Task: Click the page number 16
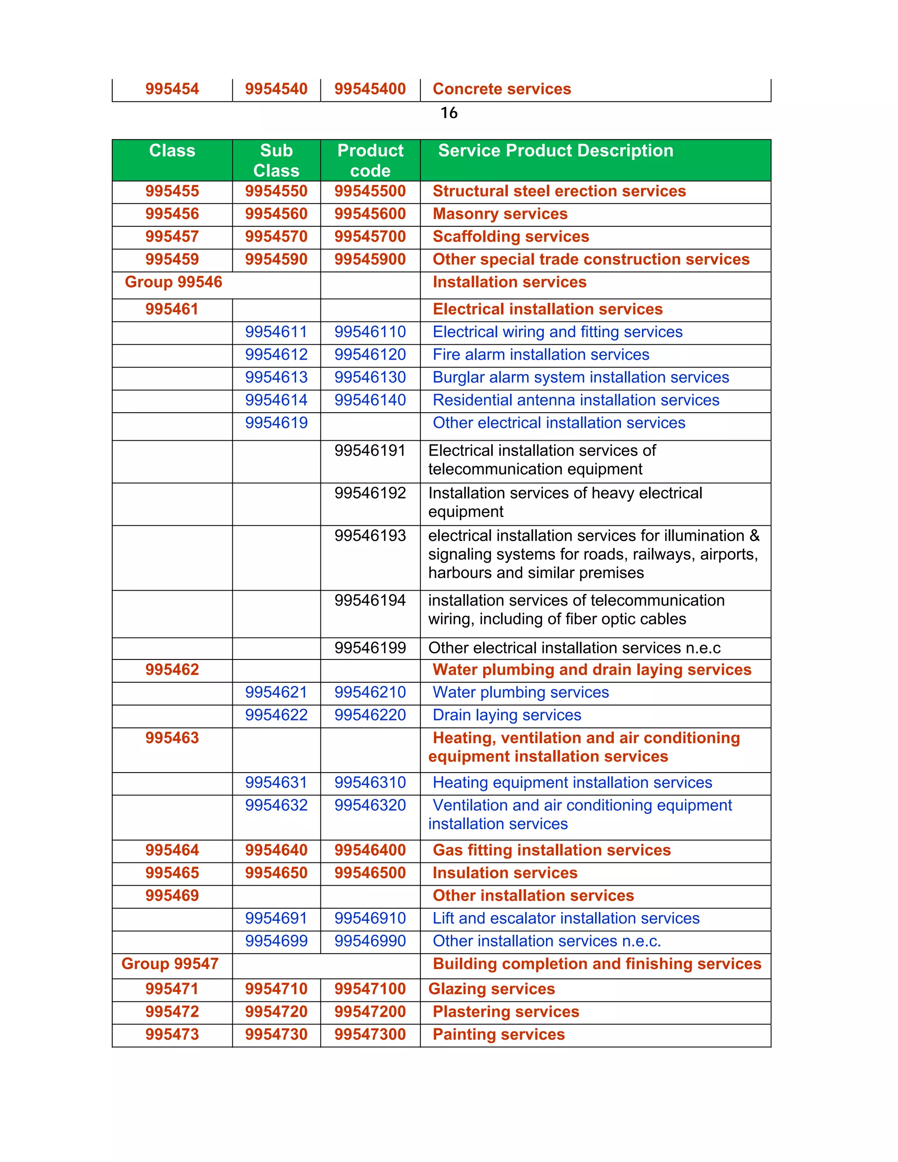coord(449,113)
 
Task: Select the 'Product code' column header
coord(370,160)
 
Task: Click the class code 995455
coord(172,191)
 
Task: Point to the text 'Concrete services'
coord(502,89)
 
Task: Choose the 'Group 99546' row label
coord(174,282)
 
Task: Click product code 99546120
coord(370,354)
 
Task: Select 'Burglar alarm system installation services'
coord(581,377)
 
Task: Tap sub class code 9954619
coord(276,423)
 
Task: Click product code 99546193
coord(370,536)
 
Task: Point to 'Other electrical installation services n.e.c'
coord(574,648)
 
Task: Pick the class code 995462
coord(172,670)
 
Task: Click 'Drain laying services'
coord(506,715)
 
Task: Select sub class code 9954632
coord(276,806)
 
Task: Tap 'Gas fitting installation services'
coord(552,850)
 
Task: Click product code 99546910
coord(370,918)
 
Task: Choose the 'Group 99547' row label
coord(170,964)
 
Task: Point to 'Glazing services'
coord(492,989)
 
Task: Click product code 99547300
coord(370,1034)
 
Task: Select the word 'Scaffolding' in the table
coord(475,237)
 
